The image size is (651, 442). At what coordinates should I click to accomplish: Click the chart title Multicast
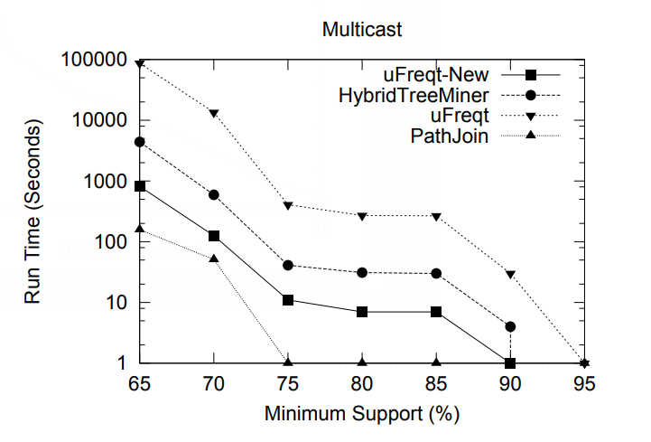point(362,29)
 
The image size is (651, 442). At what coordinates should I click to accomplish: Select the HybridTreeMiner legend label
point(414,95)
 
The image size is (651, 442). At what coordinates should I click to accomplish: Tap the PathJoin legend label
point(450,136)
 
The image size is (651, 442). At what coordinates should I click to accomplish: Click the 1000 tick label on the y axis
point(106,182)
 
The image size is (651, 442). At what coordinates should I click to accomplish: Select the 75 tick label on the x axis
point(288,384)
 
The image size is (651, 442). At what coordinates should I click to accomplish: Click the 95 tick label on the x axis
point(584,384)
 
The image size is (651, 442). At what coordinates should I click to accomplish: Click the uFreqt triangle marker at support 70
point(214,114)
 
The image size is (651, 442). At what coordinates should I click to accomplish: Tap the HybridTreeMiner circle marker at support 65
point(140,142)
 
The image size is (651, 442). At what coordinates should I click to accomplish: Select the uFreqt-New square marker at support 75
point(288,300)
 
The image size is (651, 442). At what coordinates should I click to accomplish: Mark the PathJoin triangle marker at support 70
point(214,258)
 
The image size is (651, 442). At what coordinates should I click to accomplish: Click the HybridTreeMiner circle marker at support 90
point(510,326)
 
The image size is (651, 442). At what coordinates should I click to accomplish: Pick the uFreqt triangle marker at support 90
point(510,274)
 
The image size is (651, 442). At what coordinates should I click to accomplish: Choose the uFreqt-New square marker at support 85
point(436,312)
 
